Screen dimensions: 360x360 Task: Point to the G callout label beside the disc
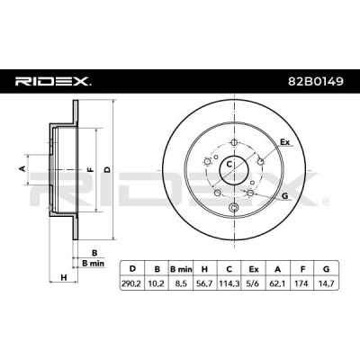284,195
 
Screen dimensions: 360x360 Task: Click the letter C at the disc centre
229,165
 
